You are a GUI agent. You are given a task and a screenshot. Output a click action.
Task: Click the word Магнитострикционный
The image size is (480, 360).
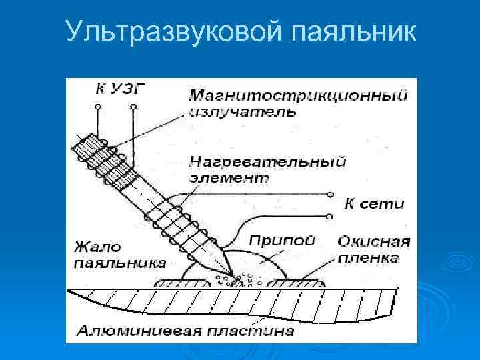tap(298, 95)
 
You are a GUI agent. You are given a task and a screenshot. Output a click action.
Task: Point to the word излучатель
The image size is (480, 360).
tap(243, 111)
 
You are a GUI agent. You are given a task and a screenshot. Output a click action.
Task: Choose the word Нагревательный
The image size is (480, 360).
tap(268, 162)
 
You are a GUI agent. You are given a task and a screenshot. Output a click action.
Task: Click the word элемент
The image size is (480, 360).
tap(230, 178)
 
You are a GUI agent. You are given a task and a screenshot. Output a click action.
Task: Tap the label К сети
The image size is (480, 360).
tap(374, 203)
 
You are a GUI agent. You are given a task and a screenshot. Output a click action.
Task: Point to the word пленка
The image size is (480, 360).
tap(368, 257)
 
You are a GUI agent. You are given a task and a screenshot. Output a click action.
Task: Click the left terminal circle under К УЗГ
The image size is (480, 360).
tap(97, 107)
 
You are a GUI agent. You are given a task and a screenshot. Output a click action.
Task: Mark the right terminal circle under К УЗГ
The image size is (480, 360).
tap(134, 107)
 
